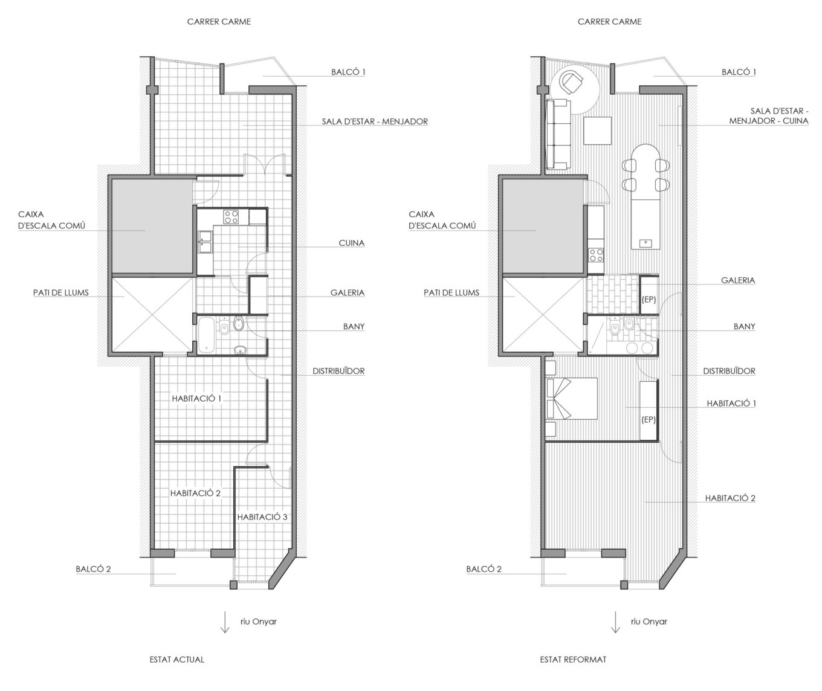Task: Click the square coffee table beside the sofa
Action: coord(597,130)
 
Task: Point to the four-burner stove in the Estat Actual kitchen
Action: coord(231,216)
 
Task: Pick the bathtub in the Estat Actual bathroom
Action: coord(206,335)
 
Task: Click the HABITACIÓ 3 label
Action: coord(262,516)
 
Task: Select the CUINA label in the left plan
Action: coord(352,243)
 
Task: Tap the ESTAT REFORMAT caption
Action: coord(573,659)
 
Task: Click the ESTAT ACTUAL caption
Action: coord(176,659)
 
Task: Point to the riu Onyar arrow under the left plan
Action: coord(225,622)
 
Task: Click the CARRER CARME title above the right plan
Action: coord(609,22)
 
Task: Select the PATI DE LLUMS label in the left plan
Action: coord(60,292)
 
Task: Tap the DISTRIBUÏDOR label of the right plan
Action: coord(729,371)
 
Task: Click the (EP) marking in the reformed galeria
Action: coord(649,300)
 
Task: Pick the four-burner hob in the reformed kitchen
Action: coord(596,255)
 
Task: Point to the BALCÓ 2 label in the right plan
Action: coord(484,568)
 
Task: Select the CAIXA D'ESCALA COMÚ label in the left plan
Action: coord(51,220)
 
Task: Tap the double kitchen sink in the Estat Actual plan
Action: coord(205,242)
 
